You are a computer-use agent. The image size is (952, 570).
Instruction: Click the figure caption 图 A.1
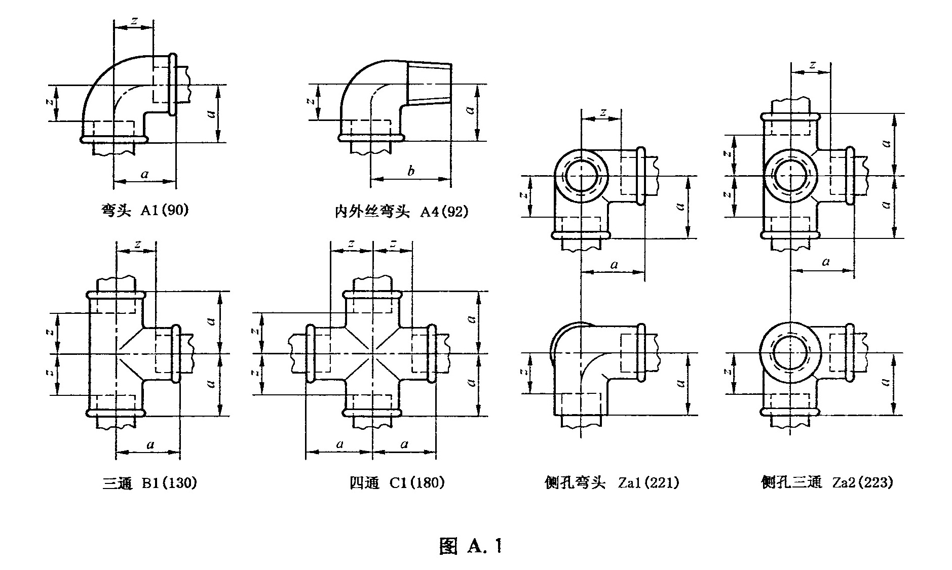coord(471,546)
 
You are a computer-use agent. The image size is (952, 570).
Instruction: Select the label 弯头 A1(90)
coord(145,210)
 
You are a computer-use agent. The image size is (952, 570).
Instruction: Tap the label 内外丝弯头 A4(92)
coord(401,212)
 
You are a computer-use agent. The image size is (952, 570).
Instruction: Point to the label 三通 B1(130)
coord(149,483)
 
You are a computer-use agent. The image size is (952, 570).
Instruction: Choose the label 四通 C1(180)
coord(397,483)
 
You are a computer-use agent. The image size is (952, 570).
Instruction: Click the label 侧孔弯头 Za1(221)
coord(612,483)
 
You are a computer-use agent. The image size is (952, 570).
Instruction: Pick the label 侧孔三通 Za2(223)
coord(827,482)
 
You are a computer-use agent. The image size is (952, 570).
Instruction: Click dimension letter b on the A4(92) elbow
coord(411,171)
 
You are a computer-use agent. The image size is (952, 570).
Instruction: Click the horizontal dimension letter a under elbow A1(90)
coord(145,175)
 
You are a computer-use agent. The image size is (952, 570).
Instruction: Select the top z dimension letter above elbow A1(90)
coord(134,21)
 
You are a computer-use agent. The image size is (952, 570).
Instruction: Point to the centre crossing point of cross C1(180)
coord(372,353)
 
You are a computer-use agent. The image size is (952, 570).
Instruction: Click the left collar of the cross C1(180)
coord(311,353)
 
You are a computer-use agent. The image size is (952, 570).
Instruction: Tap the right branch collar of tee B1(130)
coord(176,353)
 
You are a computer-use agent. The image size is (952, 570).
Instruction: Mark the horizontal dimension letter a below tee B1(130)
coord(150,445)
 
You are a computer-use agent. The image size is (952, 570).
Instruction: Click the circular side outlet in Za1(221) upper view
coord(581,176)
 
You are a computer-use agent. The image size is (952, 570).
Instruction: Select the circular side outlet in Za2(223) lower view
coord(790,353)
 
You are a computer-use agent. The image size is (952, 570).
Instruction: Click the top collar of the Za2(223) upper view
coord(791,117)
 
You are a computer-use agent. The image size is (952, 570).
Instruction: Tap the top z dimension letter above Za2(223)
coord(812,65)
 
